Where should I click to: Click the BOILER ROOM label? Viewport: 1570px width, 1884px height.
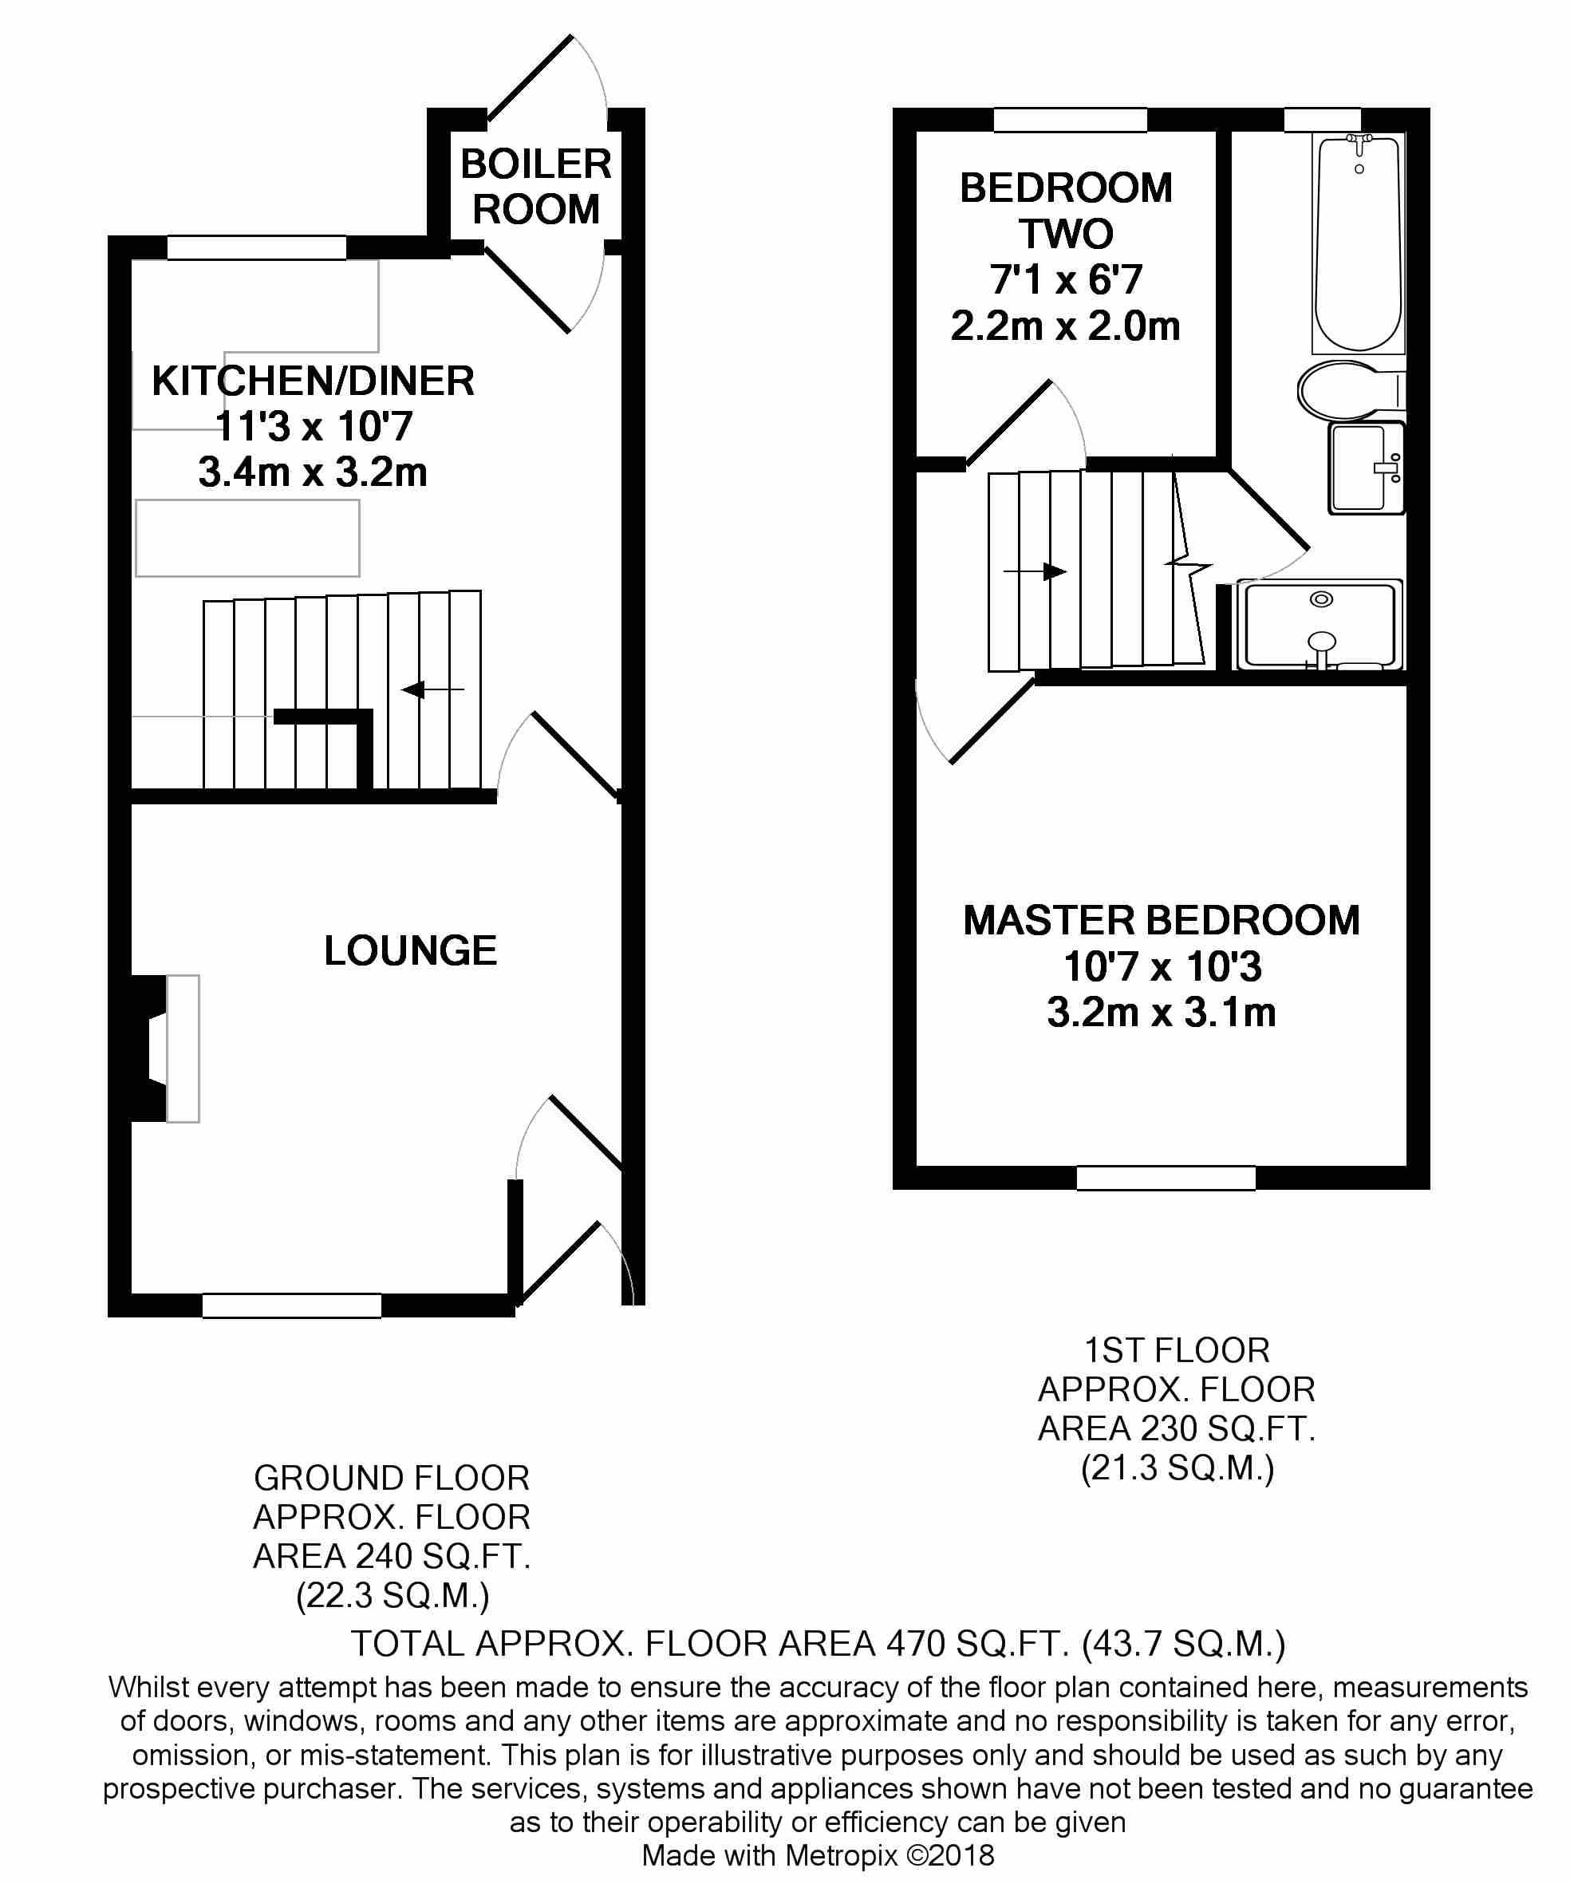[535, 187]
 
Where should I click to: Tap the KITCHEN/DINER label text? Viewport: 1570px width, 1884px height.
[312, 381]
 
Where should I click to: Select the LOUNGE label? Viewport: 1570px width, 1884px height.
[410, 951]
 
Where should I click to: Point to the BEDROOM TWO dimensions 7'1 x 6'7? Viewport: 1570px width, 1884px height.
[1066, 280]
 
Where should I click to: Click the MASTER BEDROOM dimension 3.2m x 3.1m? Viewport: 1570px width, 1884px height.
[1161, 1013]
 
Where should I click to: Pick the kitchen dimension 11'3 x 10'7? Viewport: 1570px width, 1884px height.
[313, 426]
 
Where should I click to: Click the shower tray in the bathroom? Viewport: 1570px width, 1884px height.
[1319, 626]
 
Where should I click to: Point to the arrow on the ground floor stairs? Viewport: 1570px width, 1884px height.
[432, 689]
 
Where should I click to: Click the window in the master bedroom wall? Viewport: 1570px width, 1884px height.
[1166, 1178]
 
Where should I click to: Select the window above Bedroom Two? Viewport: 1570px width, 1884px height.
[1069, 120]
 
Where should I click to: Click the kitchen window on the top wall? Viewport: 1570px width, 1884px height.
[257, 247]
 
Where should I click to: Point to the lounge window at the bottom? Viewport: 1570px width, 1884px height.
[291, 1305]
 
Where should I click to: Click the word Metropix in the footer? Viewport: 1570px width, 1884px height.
[841, 1854]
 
